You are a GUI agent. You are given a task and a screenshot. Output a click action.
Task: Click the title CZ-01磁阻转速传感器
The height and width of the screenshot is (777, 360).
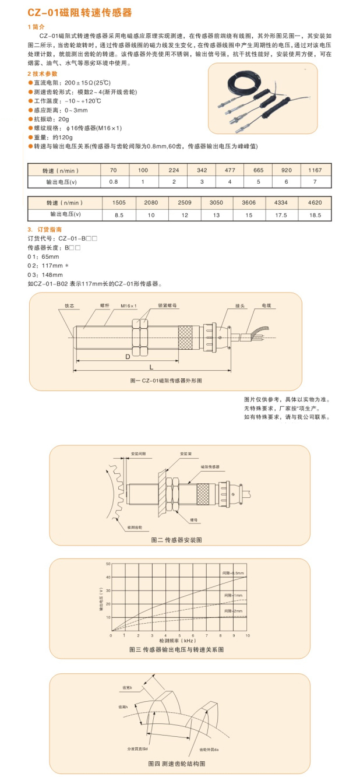coord(79,12)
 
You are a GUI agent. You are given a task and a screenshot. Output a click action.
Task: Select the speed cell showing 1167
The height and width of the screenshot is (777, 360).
coord(315,170)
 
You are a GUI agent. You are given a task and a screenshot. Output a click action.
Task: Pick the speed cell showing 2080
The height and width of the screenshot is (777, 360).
coord(150,203)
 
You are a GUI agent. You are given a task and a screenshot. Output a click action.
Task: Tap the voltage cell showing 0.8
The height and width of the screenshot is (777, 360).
coord(114,182)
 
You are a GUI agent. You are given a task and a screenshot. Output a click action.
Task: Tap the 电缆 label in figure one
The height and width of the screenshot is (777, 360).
coord(266,305)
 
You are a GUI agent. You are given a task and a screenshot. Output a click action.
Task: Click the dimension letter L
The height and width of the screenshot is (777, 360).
coord(151,367)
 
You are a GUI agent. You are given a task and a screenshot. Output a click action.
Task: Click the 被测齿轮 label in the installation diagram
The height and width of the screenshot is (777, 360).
coord(133,526)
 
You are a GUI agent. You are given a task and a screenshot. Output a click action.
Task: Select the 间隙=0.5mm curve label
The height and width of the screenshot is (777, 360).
coord(234,574)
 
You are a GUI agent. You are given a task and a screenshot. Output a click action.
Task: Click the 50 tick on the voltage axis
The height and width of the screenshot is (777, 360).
coord(107,564)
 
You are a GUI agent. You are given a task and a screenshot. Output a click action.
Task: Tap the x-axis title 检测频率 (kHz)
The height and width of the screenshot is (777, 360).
coord(176,640)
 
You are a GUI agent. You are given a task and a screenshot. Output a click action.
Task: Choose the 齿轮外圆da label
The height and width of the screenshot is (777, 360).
coord(209,748)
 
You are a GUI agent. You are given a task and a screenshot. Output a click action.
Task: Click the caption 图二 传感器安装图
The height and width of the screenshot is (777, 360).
coord(176,540)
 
